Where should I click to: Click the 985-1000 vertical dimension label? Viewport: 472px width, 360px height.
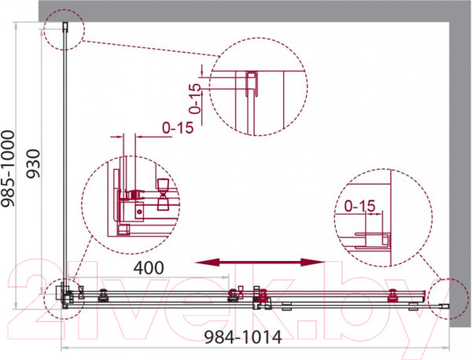tap(8, 169)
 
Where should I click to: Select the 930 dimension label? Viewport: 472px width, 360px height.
tap(33, 164)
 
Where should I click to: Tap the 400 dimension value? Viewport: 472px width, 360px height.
tap(149, 268)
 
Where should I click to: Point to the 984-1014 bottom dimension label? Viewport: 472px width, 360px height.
tap(243, 337)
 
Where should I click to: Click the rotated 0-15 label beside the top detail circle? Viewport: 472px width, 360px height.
tap(195, 98)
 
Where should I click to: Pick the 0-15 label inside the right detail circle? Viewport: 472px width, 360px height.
tap(360, 206)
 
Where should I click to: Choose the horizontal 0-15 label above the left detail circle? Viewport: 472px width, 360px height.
tap(178, 128)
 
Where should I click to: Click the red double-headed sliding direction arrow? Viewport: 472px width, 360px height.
tap(260, 263)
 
